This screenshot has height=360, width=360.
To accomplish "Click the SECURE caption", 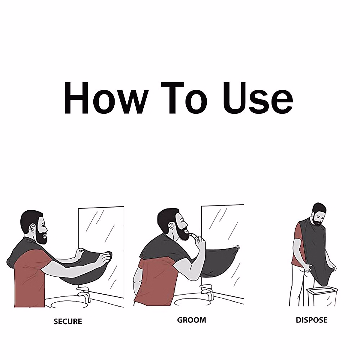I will coord(68,321).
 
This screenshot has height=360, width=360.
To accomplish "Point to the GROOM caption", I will coord(191,320).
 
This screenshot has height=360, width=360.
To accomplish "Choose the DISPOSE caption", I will coord(311,320).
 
